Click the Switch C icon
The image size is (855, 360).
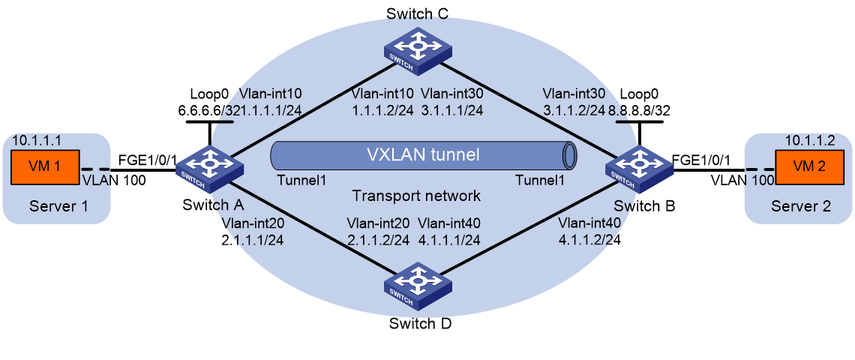click(418, 50)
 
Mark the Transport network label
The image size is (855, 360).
click(417, 195)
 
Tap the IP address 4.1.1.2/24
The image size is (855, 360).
click(589, 240)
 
